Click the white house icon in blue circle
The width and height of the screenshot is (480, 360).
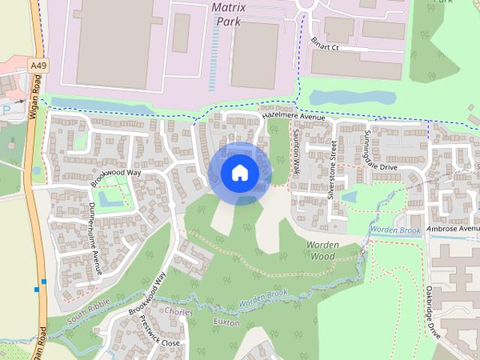click(x=239, y=172)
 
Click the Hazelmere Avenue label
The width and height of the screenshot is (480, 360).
click(x=292, y=118)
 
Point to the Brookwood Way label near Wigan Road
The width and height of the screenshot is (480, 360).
click(x=116, y=177)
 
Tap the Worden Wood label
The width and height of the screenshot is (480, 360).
click(x=323, y=250)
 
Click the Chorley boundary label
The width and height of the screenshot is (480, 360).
click(x=178, y=311)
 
